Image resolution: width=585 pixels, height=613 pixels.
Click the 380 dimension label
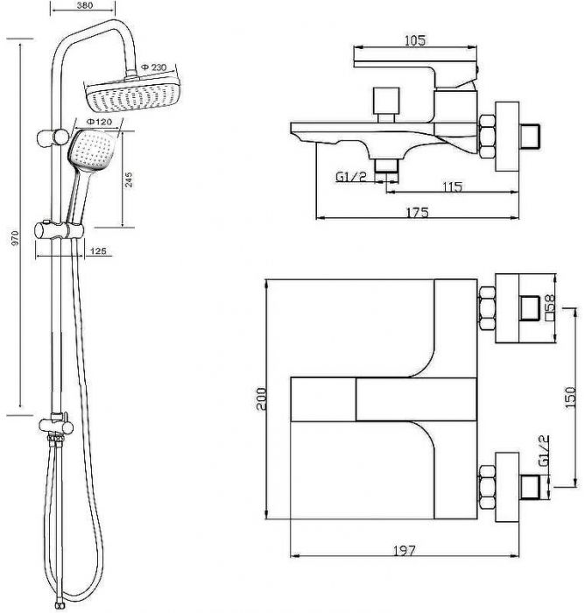[x=85, y=5]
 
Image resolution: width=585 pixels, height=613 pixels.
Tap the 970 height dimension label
[x=15, y=238]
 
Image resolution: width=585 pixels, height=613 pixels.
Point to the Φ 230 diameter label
[x=153, y=67]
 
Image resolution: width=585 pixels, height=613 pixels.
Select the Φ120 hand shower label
[x=99, y=122]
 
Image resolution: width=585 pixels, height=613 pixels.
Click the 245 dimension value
[x=129, y=180]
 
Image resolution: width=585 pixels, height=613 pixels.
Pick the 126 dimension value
[x=98, y=250]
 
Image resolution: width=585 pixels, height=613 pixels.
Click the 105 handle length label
[x=415, y=40]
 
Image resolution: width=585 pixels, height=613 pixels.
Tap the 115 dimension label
[x=452, y=187]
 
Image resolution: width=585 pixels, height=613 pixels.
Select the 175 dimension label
[x=418, y=212]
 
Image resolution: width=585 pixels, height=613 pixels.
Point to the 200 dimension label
[x=261, y=398]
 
